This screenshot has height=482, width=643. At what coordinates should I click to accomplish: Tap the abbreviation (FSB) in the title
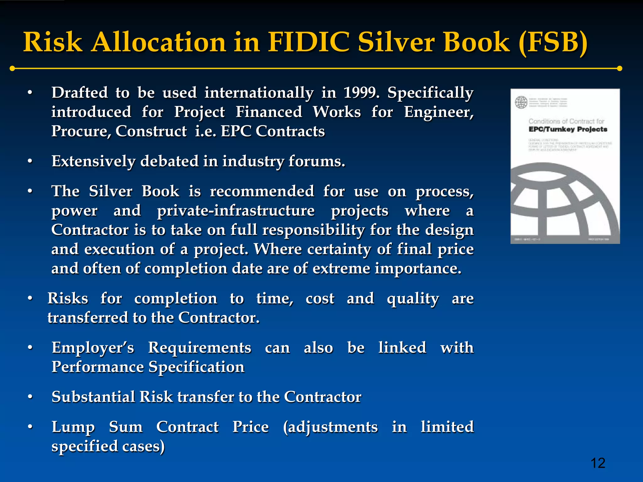tap(553, 43)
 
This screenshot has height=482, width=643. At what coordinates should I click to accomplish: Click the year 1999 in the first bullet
tap(361, 93)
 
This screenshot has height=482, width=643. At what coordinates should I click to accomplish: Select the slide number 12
tap(598, 463)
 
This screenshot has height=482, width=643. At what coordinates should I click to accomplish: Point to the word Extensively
tap(93, 161)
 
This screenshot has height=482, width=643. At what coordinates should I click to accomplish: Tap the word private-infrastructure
tap(236, 211)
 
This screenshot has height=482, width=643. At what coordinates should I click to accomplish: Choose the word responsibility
tap(313, 230)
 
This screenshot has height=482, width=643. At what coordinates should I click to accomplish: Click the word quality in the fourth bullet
tap(413, 299)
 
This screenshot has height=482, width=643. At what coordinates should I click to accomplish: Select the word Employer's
tap(93, 348)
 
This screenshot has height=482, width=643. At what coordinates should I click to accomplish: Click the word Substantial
tap(93, 397)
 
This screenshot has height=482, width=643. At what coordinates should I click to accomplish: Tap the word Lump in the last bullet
tap(73, 427)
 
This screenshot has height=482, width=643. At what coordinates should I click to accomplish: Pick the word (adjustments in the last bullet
tap(330, 427)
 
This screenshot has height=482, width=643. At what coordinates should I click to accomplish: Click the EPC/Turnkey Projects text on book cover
tap(568, 129)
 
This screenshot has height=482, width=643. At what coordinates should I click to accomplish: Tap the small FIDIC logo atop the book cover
tap(521, 102)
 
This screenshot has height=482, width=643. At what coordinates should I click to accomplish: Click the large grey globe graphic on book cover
tap(562, 201)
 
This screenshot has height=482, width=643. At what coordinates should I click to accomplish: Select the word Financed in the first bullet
tap(269, 112)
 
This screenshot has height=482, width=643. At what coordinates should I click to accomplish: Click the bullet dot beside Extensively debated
tap(30, 161)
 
